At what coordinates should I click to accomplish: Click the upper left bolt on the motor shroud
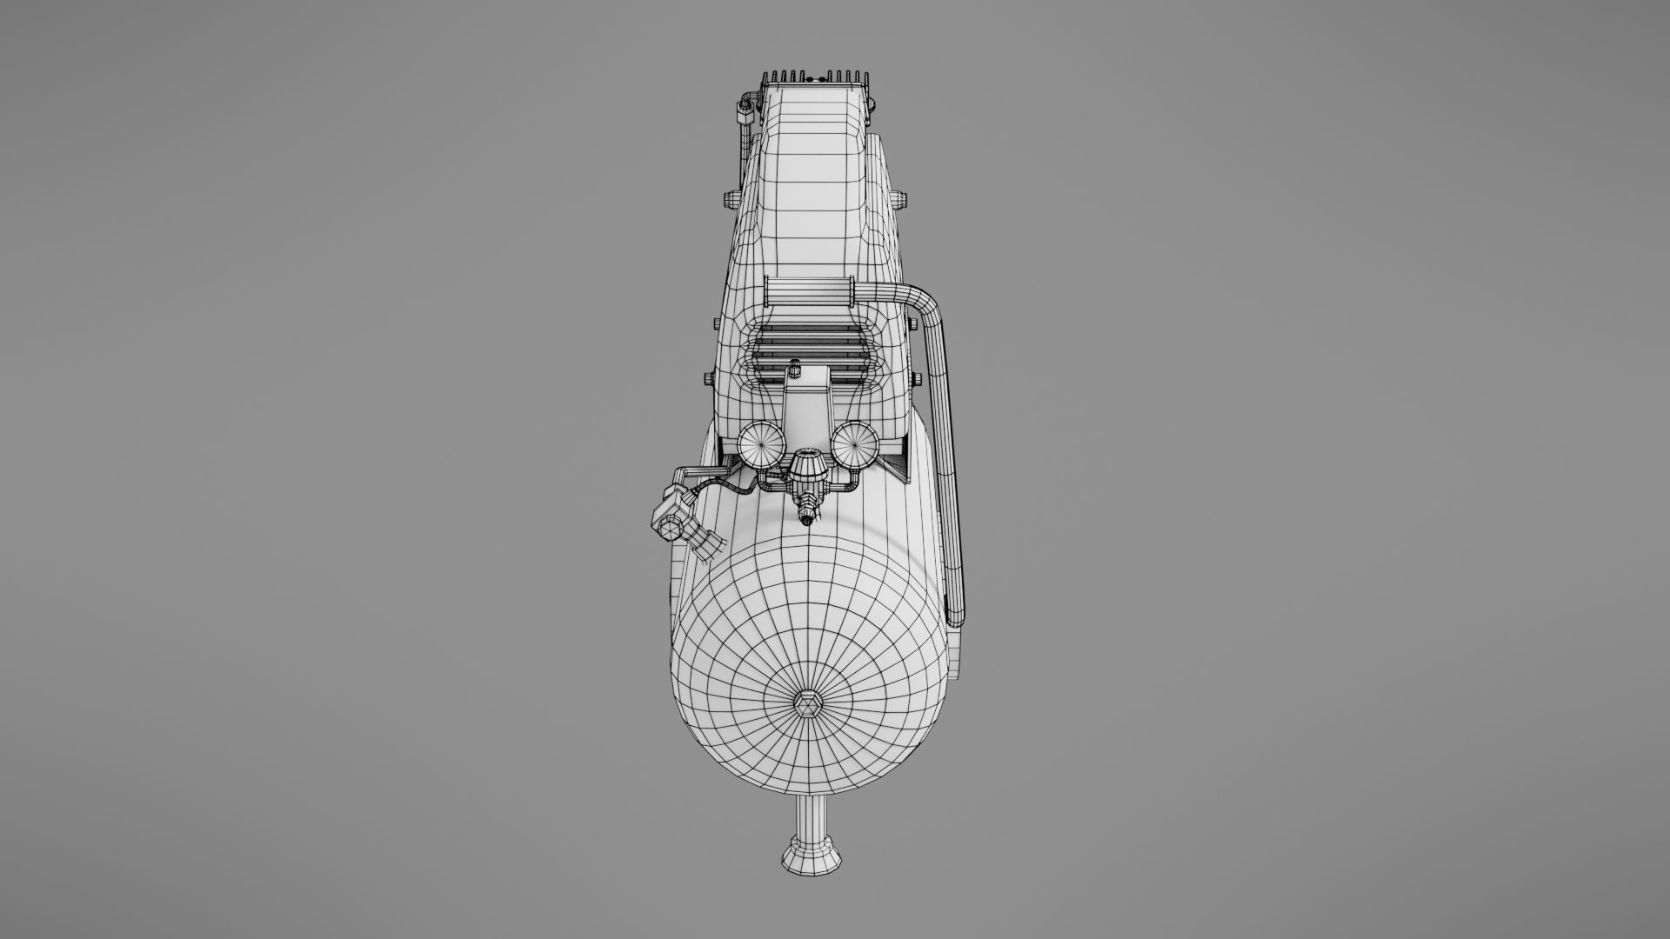point(727,201)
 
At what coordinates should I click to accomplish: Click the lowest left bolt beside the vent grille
point(707,380)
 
